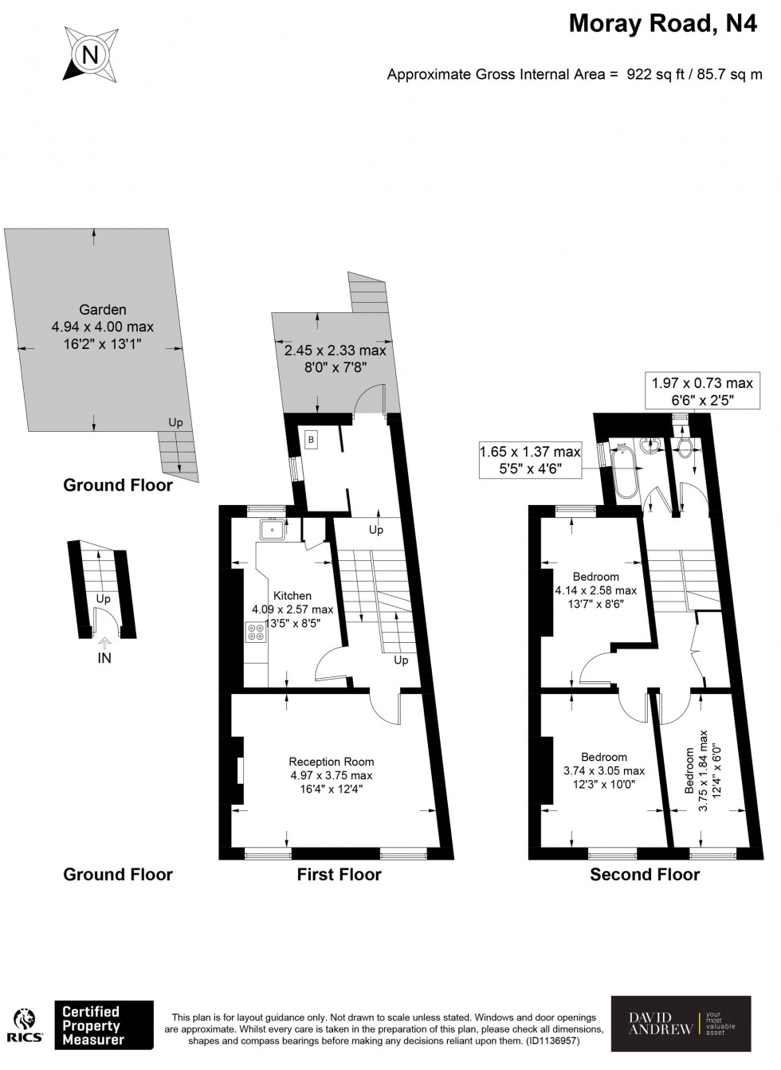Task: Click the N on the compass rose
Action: (x=90, y=55)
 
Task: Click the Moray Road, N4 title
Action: (x=663, y=23)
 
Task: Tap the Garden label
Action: (x=103, y=310)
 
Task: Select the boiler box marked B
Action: (x=311, y=440)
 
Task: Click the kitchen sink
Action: (x=273, y=530)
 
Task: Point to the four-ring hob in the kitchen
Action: (x=257, y=632)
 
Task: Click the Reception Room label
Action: (x=332, y=762)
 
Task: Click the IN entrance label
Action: (x=104, y=658)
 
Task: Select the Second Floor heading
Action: (x=645, y=875)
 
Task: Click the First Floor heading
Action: (x=339, y=875)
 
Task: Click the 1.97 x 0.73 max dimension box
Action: (x=702, y=390)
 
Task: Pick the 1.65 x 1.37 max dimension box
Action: (x=530, y=460)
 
